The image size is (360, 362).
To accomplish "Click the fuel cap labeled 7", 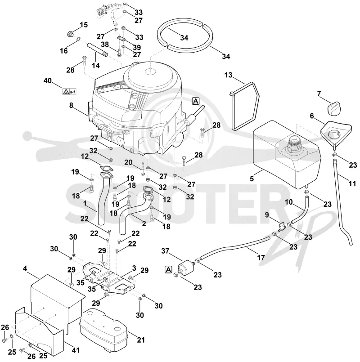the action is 334,108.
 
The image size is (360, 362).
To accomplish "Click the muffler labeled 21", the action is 58,300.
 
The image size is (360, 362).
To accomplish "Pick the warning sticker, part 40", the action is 69,92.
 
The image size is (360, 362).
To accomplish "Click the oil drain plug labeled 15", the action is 70,34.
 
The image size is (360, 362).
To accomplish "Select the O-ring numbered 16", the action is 78,39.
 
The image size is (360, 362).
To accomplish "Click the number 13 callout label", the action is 228,75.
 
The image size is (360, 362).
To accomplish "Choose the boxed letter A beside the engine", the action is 195,101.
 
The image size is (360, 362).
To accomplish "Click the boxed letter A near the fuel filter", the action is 169,269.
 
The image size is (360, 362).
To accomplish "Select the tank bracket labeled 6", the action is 336,134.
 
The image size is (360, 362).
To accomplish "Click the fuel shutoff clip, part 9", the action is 282,226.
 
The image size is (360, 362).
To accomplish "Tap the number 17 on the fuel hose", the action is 261,257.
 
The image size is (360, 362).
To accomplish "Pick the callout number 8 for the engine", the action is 71,106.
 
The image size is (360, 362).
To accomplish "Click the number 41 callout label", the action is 75,350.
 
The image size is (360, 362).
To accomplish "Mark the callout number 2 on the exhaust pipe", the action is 144,223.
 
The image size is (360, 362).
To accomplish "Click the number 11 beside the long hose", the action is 352,184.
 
